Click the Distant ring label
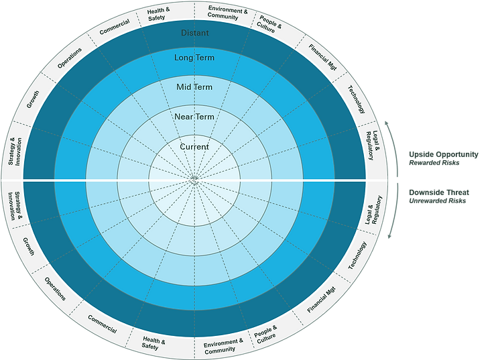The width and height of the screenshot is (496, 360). tap(194, 33)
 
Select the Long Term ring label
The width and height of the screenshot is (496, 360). tap(194, 58)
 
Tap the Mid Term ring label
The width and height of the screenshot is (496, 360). tap(194, 87)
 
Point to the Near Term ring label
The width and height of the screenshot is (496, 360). tap(194, 117)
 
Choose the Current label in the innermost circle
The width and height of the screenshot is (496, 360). tap(194, 147)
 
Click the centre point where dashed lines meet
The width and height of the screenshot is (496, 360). tap(194, 179)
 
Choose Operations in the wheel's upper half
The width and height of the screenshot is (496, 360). tap(69, 57)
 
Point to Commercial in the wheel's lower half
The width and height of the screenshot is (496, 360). tap(102, 325)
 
